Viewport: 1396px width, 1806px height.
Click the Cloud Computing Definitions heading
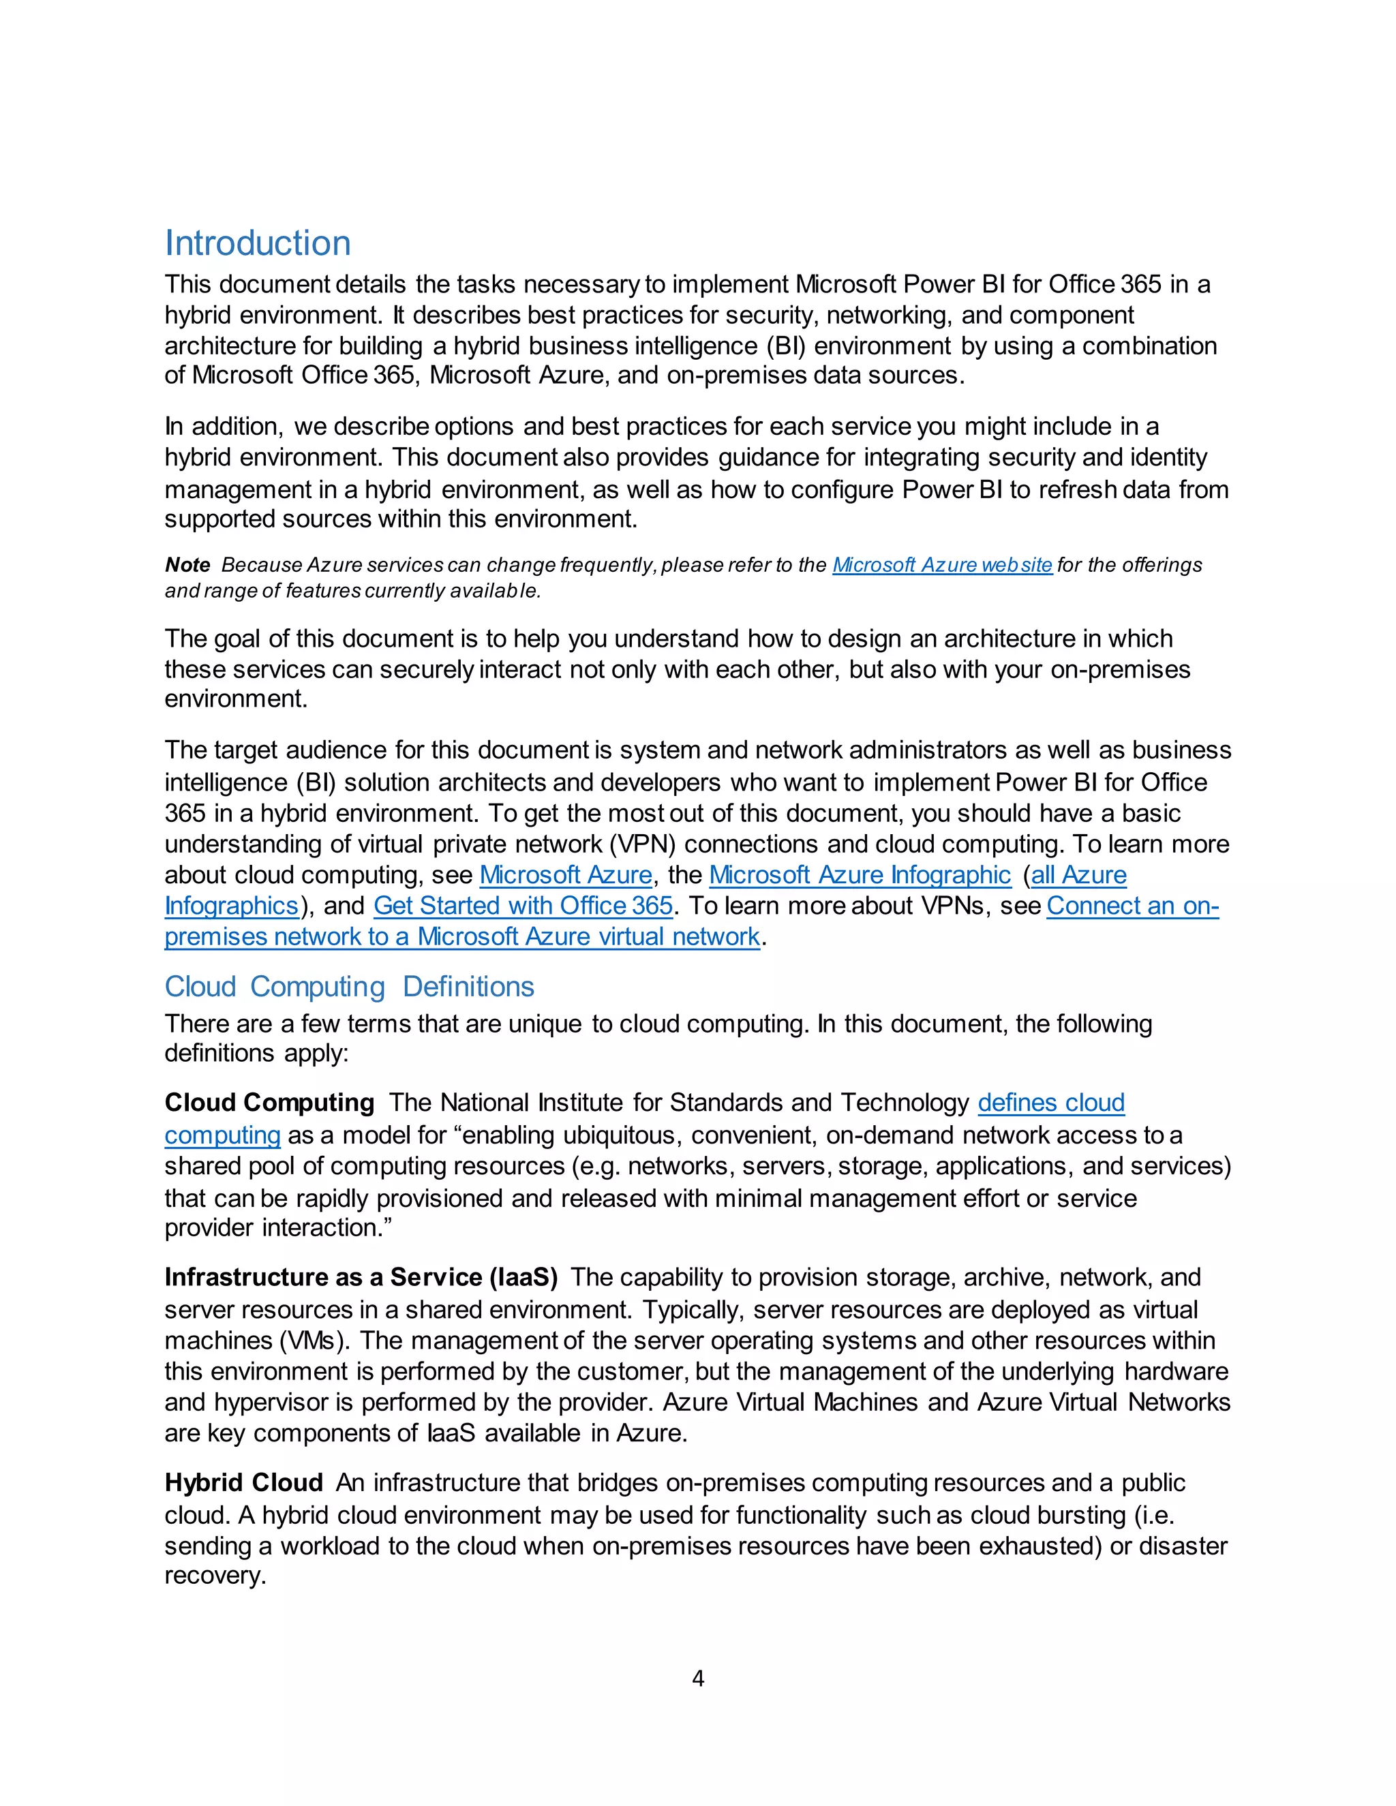point(349,987)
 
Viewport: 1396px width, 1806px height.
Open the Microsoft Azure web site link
point(942,565)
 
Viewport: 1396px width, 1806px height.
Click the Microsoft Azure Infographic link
point(860,875)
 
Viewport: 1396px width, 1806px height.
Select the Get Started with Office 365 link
point(523,906)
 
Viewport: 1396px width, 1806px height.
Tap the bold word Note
point(187,565)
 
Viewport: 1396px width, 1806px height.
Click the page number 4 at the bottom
point(698,1678)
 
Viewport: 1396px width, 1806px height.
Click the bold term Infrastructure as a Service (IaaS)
point(361,1278)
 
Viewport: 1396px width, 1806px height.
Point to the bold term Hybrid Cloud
point(243,1483)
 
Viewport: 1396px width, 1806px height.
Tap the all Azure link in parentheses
point(1078,875)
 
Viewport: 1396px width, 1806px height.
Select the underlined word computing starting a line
point(222,1135)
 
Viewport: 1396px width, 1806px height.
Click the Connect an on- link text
point(1132,906)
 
